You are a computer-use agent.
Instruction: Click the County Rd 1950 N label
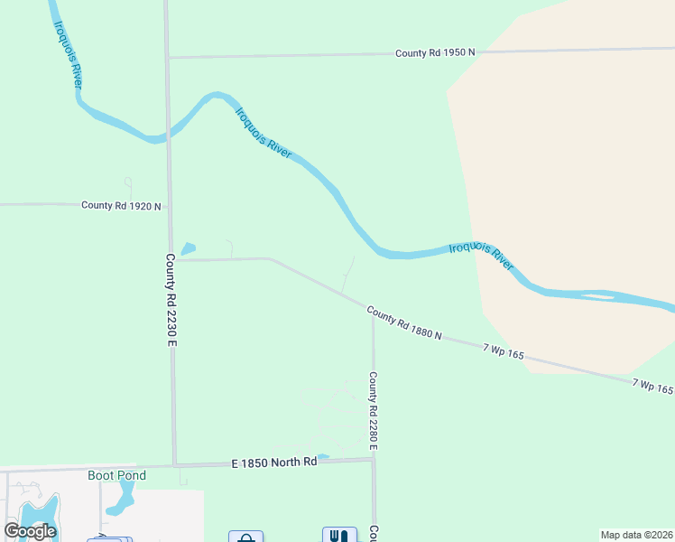point(435,53)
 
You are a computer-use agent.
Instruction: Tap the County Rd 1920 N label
point(121,206)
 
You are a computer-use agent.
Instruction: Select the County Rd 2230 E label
point(170,299)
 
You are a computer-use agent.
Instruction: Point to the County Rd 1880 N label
point(404,322)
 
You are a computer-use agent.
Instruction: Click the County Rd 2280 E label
point(372,412)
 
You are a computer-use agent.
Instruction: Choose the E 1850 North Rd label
point(274,463)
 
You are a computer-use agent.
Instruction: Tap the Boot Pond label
point(116,475)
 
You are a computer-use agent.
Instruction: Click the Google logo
point(30,530)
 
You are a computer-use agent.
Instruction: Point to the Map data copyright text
point(637,535)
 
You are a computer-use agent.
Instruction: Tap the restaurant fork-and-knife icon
point(339,536)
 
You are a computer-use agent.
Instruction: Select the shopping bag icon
point(245,537)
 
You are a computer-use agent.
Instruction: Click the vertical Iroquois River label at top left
point(69,55)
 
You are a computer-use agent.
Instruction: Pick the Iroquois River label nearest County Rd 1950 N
point(264,134)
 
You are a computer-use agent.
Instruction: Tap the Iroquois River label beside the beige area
point(481,256)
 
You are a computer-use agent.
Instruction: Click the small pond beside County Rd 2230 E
point(188,248)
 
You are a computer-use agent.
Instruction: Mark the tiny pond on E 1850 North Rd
point(322,456)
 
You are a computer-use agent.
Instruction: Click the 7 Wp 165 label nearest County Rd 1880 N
point(503,351)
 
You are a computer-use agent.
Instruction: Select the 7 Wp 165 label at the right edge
point(652,387)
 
